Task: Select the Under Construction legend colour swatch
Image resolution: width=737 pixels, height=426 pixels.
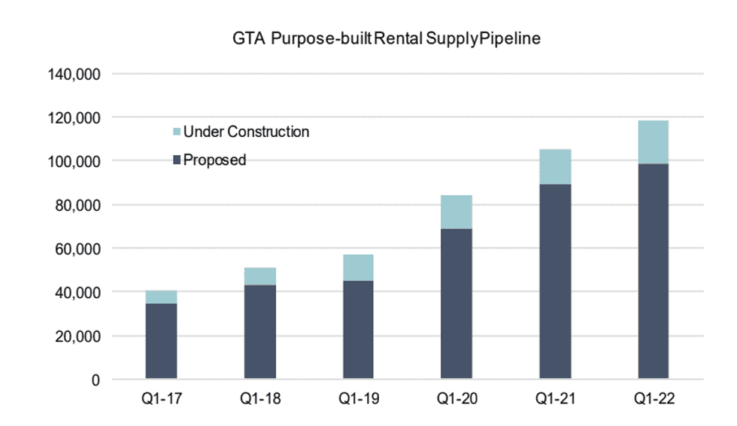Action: (177, 132)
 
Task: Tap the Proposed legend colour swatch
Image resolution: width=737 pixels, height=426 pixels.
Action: (177, 160)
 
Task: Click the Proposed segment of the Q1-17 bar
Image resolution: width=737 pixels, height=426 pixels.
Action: (160, 341)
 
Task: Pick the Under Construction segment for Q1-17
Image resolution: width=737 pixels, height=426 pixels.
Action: (160, 297)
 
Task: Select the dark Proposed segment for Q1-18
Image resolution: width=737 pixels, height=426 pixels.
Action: (259, 331)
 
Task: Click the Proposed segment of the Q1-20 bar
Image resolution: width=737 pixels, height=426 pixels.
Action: (456, 303)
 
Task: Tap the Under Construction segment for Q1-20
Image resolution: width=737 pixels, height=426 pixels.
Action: (456, 212)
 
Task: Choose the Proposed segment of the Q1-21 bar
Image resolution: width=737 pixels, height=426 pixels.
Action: (554, 281)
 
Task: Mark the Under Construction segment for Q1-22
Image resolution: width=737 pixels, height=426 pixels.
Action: (653, 142)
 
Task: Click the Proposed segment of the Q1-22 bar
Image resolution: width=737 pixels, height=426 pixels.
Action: (653, 271)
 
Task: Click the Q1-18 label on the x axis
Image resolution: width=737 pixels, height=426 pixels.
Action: (259, 400)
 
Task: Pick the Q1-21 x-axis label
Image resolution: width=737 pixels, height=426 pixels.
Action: (554, 400)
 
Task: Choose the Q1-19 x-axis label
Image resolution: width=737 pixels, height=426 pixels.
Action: (357, 400)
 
